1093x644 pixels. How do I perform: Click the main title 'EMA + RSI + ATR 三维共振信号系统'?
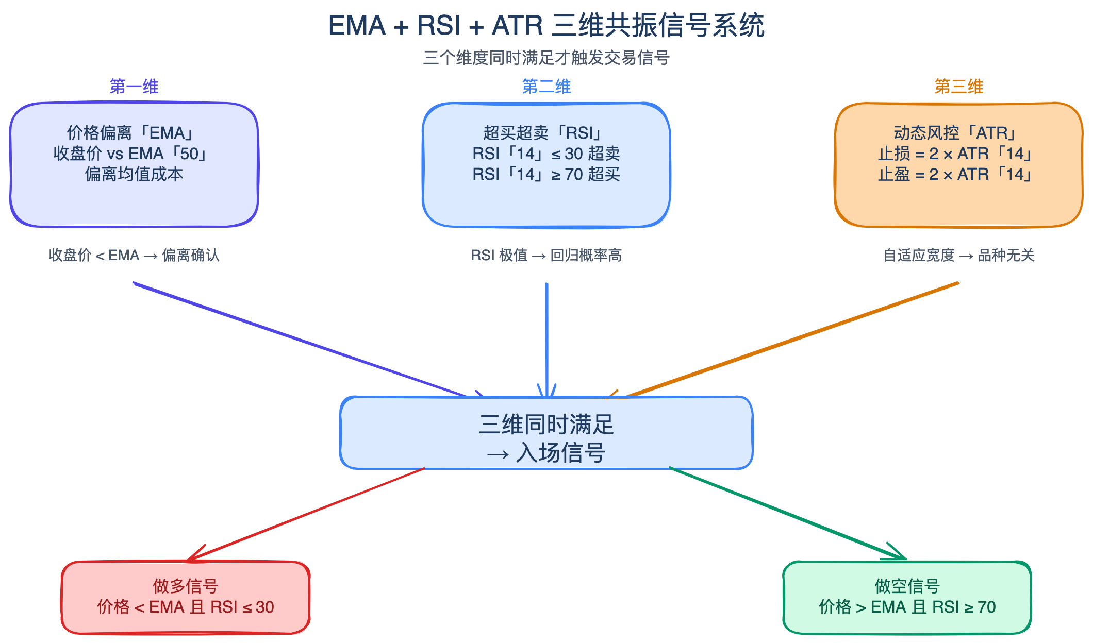click(x=546, y=26)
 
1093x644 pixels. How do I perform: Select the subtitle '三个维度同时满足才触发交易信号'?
click(x=546, y=58)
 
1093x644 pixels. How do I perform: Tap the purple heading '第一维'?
click(x=134, y=87)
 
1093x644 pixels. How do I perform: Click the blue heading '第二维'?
click(x=546, y=87)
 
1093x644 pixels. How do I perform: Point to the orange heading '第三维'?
click(x=958, y=87)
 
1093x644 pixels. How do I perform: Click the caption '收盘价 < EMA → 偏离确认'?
click(x=134, y=256)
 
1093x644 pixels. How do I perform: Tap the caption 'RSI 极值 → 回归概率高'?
click(x=546, y=256)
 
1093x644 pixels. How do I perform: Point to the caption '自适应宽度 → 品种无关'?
click(x=958, y=256)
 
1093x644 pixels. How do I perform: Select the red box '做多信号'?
click(x=186, y=597)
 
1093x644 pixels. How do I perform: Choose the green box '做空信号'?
click(x=907, y=597)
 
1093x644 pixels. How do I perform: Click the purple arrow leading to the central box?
click(x=299, y=340)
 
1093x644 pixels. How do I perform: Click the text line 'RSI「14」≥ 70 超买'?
click(x=546, y=175)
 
